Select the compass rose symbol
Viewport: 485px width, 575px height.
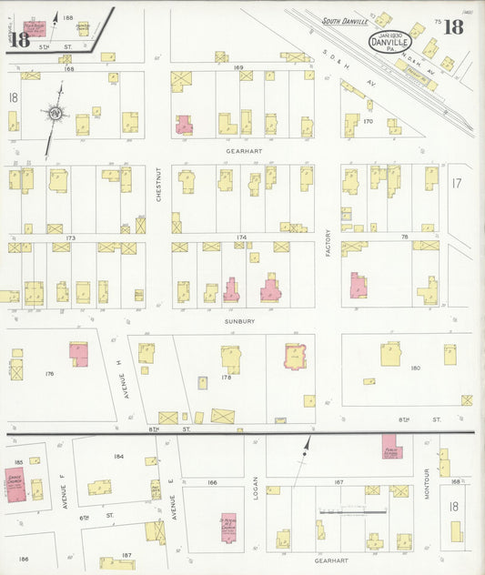coord(56,114)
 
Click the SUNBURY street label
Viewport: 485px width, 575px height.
coord(241,321)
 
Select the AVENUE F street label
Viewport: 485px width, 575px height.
coord(65,489)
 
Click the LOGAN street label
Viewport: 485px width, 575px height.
coord(257,489)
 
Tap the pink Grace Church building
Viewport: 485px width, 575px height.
coord(15,485)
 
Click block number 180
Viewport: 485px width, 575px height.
coord(415,368)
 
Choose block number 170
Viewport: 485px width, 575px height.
coord(368,120)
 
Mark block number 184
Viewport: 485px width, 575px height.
coord(118,457)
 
